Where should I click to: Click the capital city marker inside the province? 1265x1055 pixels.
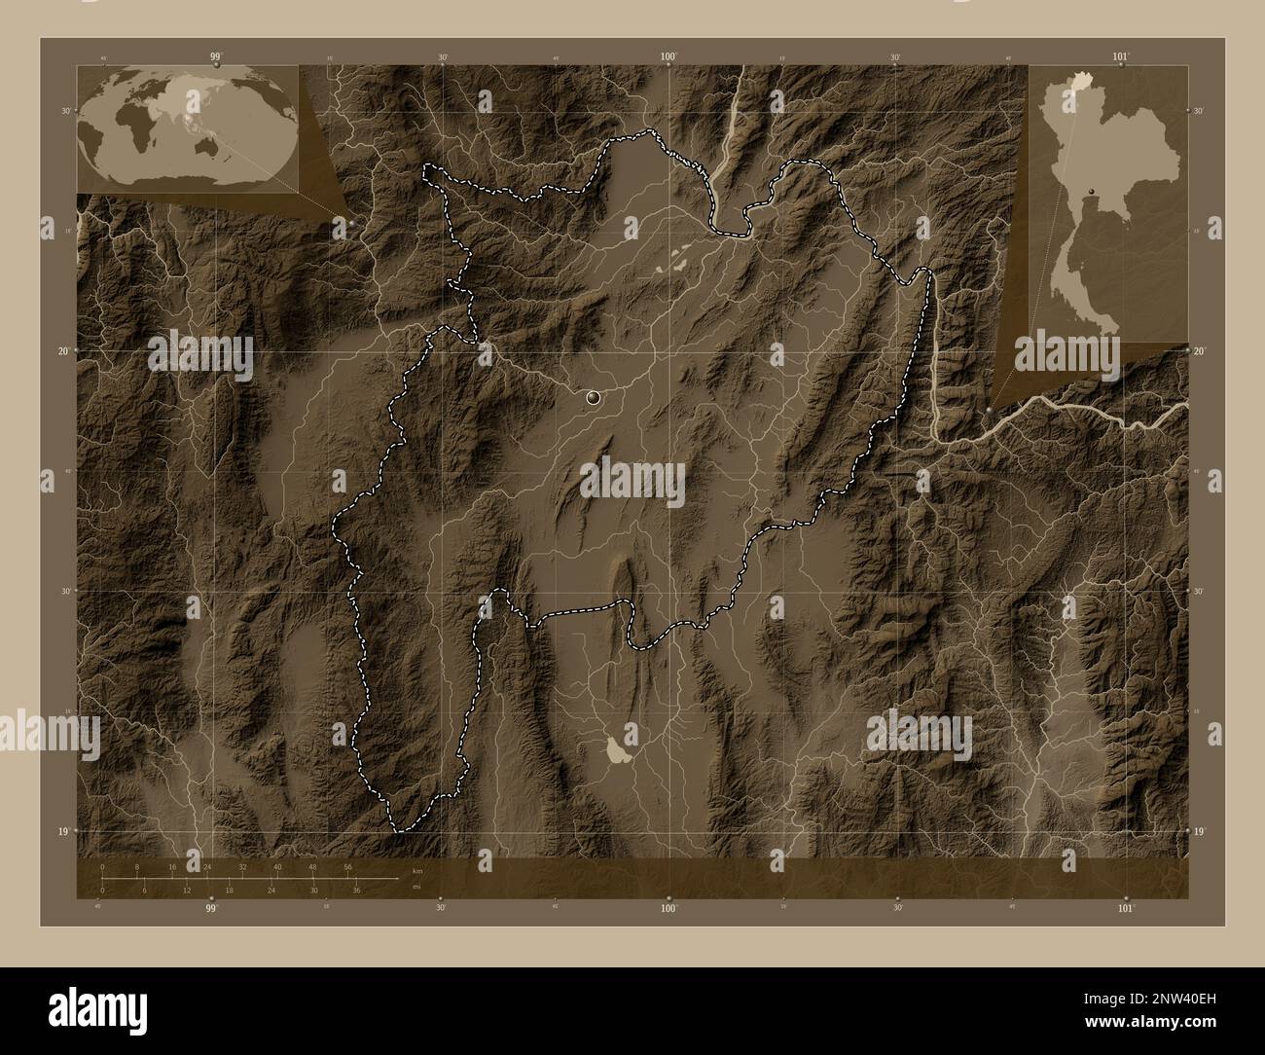594,397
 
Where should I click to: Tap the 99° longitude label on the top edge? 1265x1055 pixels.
215,57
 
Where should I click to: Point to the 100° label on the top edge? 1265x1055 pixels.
669,57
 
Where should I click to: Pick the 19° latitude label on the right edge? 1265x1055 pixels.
1199,830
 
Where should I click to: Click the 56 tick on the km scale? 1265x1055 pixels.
347,866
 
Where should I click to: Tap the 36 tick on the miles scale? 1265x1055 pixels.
357,890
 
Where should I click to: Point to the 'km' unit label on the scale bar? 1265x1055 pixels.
417,870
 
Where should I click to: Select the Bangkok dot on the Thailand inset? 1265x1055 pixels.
1095,191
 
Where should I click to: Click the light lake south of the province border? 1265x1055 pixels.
616,750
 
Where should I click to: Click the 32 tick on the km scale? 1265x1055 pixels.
242,866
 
